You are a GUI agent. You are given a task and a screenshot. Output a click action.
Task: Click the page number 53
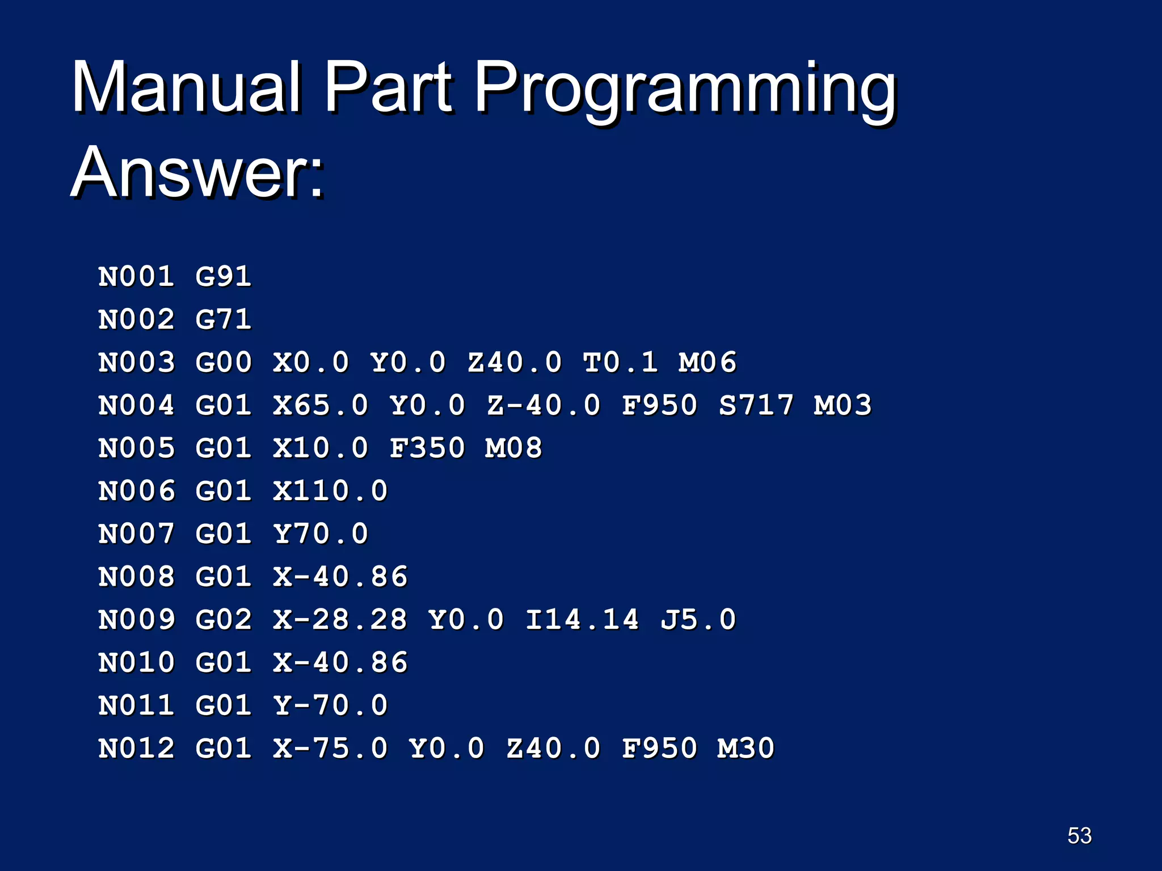point(1079,835)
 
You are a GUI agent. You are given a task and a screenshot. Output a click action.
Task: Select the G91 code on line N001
point(223,277)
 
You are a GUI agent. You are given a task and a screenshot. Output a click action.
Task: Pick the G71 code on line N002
point(223,319)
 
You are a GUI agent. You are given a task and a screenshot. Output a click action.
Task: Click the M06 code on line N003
point(707,362)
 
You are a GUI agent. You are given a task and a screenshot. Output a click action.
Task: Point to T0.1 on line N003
point(620,362)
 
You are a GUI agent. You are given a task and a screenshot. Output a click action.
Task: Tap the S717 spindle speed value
point(756,405)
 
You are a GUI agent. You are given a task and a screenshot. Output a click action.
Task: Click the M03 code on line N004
point(842,405)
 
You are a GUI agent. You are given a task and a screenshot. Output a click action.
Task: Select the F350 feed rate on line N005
point(427,448)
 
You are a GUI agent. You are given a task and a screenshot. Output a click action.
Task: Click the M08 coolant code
point(513,448)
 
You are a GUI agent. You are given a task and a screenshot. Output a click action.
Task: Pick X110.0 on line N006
point(330,491)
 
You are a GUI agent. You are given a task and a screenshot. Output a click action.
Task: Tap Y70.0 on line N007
point(321,534)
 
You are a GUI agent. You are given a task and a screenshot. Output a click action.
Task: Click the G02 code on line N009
point(223,619)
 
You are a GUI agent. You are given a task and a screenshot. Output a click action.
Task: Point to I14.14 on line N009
point(582,619)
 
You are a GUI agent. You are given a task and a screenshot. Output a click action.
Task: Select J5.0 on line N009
point(698,619)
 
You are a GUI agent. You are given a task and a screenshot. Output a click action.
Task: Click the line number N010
point(136,662)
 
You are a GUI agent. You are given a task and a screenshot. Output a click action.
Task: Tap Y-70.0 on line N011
point(330,705)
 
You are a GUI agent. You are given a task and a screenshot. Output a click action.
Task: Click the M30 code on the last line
point(746,748)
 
